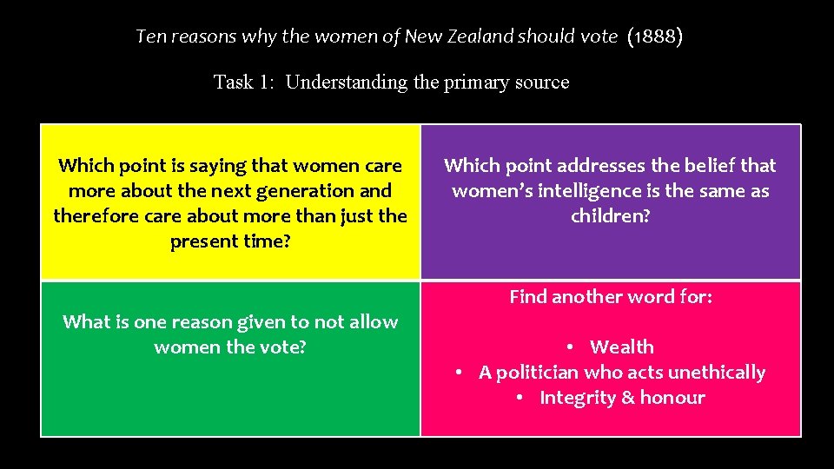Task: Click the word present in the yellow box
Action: [203, 241]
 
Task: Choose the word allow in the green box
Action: [371, 321]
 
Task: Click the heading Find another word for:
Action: [610, 297]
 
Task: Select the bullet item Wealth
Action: [621, 347]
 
